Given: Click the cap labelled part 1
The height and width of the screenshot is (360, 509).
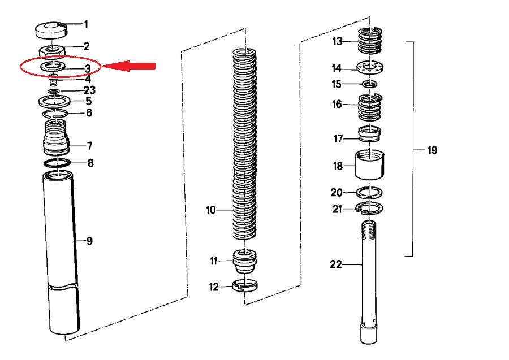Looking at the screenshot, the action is [x=51, y=30].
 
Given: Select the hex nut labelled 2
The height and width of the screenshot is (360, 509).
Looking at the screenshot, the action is [x=52, y=51].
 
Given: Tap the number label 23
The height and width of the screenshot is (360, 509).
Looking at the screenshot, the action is [x=89, y=90].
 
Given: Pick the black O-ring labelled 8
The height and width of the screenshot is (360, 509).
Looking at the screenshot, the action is [x=57, y=163].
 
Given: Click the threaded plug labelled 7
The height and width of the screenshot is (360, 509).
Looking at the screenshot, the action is [x=56, y=137].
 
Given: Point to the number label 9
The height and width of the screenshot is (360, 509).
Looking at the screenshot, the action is [x=89, y=241].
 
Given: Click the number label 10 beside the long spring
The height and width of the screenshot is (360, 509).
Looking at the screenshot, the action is [x=211, y=210].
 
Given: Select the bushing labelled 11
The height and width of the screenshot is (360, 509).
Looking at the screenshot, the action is [x=245, y=262].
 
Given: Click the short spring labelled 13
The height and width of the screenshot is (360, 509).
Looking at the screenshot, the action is [x=370, y=41].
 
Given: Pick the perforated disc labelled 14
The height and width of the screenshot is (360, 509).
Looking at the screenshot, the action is [x=370, y=68].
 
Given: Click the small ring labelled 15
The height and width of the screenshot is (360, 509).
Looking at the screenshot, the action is [x=369, y=84].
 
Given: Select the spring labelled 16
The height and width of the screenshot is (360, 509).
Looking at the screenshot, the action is [x=370, y=107].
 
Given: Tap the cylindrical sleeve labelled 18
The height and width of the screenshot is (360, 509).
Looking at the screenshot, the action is [x=369, y=165].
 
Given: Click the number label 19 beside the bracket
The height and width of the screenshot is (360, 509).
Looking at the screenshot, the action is [x=432, y=150].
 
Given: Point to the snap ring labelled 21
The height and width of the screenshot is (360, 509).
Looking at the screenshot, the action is [x=370, y=208].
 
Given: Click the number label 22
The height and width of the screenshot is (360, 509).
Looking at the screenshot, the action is [x=336, y=264].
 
